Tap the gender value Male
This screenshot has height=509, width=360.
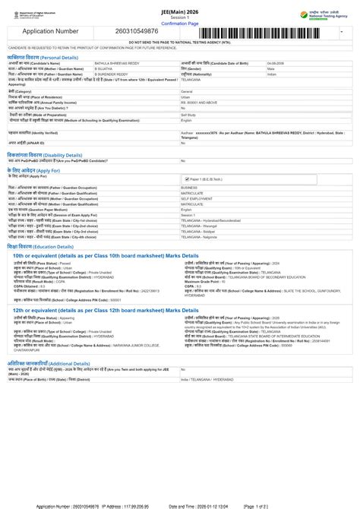tap(271, 68)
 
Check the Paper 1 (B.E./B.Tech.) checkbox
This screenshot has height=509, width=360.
tap(187, 179)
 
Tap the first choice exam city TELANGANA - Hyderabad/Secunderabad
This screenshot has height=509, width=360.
tap(215, 220)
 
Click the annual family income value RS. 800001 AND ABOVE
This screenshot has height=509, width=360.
tap(200, 102)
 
